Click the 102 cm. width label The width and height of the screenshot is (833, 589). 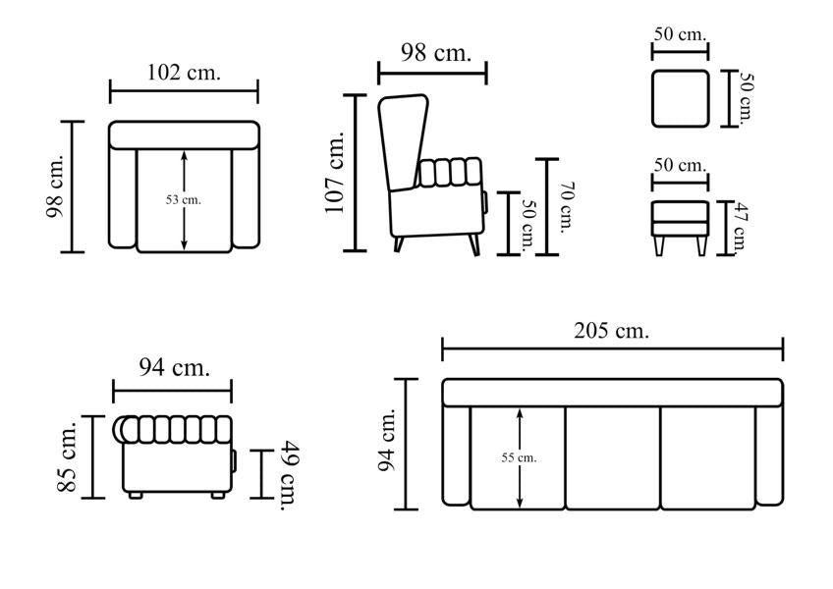pos(184,73)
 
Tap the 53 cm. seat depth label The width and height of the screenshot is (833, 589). pos(184,199)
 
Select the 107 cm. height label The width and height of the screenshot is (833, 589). pos(335,173)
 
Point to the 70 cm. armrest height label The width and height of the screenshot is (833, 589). pos(567,207)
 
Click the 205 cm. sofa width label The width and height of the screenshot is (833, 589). pos(611,331)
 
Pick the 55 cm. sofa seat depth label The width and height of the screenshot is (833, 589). pos(519,457)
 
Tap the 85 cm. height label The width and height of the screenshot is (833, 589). pos(68,456)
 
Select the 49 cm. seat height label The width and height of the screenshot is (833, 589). pos(290,475)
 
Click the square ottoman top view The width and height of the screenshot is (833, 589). pos(680,98)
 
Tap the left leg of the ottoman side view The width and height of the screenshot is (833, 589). pos(659,245)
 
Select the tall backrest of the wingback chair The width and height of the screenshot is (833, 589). pos(403,142)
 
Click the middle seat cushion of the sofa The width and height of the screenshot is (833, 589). pos(613,458)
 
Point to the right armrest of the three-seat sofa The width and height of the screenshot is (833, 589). pos(769,455)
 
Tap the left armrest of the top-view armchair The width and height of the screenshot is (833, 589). pos(123,198)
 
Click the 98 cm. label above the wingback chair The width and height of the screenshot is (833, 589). pos(435,53)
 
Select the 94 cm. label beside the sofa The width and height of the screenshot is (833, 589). pos(387,441)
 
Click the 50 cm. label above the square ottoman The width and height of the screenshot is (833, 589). pos(680,34)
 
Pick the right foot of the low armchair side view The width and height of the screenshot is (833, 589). pos(217,495)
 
